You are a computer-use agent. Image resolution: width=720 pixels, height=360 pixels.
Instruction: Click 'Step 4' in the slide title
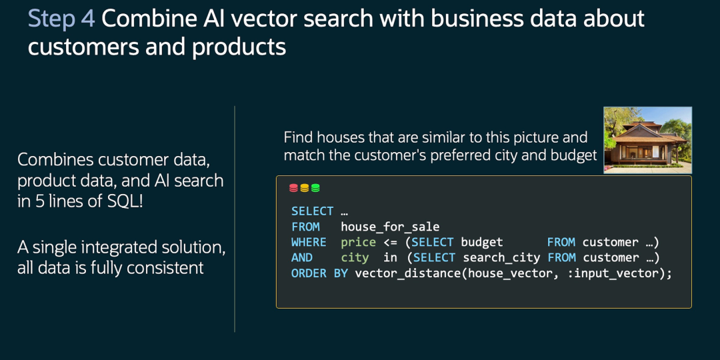pyautogui.click(x=61, y=19)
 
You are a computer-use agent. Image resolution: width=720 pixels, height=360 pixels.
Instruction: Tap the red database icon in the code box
pyautogui.click(x=293, y=188)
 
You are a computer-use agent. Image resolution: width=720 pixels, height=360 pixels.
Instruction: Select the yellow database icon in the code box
pyautogui.click(x=304, y=188)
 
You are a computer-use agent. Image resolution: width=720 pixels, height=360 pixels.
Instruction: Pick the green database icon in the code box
pyautogui.click(x=315, y=188)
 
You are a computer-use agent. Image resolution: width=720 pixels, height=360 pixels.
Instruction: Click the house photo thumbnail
pyautogui.click(x=647, y=140)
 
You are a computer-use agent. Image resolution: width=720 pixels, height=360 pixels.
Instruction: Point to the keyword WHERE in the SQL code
pyautogui.click(x=309, y=242)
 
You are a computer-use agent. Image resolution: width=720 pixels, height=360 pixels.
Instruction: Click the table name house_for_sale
pyautogui.click(x=390, y=227)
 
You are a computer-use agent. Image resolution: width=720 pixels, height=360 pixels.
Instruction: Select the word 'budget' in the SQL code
pyautogui.click(x=482, y=242)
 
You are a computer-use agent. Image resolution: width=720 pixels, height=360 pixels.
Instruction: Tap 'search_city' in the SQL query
pyautogui.click(x=501, y=257)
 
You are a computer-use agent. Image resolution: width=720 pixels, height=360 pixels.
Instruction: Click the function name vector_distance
pyautogui.click(x=402, y=273)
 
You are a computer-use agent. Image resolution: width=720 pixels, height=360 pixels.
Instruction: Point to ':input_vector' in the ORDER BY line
pyautogui.click(x=617, y=273)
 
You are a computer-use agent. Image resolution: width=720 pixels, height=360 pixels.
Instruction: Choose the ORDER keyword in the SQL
pyautogui.click(x=309, y=273)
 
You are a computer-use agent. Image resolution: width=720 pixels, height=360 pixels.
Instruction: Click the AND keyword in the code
pyautogui.click(x=302, y=257)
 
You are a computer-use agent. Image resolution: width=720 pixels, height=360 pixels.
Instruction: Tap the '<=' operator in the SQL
pyautogui.click(x=391, y=242)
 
